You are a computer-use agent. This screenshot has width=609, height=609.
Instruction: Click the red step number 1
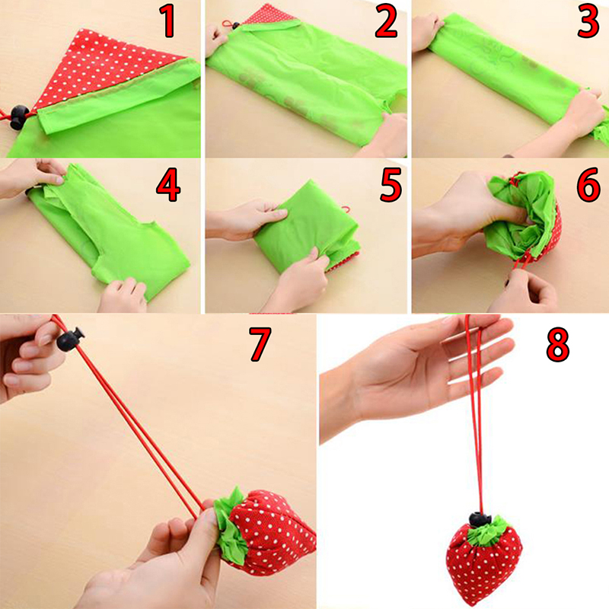click(168, 22)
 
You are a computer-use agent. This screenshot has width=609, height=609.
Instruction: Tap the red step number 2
click(386, 23)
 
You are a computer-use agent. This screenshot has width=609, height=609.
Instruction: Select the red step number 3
click(588, 23)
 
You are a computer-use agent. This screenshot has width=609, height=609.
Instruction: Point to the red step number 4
click(168, 185)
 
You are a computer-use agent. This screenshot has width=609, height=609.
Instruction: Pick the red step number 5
click(391, 185)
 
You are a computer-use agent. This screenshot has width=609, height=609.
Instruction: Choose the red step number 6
click(588, 185)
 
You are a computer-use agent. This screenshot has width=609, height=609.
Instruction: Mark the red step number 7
click(260, 344)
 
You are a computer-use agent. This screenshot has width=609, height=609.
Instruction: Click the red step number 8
click(558, 344)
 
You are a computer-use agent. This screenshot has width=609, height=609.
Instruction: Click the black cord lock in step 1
click(18, 117)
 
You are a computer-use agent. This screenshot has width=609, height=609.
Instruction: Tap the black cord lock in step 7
click(70, 339)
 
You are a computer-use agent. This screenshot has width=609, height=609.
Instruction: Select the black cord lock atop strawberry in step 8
click(480, 519)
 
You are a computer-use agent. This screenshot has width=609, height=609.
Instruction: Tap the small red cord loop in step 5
click(346, 210)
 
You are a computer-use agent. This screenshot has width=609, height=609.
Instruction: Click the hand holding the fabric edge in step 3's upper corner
click(427, 31)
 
